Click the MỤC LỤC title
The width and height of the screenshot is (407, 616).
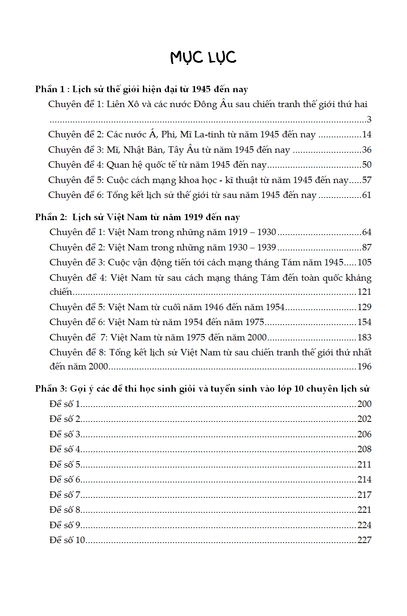pyautogui.click(x=203, y=57)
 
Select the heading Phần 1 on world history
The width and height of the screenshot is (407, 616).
pyautogui.click(x=141, y=89)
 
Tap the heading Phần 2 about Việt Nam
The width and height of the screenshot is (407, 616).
pyautogui.click(x=137, y=217)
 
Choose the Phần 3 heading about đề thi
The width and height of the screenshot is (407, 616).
pyautogui.click(x=202, y=389)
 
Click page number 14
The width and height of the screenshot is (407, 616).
pyautogui.click(x=366, y=135)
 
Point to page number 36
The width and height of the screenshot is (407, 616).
pyautogui.click(x=366, y=150)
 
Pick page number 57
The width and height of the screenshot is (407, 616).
pyautogui.click(x=366, y=180)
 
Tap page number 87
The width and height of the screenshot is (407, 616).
pyautogui.click(x=366, y=247)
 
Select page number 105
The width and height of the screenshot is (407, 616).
pyautogui.click(x=364, y=262)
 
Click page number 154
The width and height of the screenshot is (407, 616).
pyautogui.click(x=364, y=322)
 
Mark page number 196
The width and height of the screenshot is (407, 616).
pyautogui.click(x=364, y=366)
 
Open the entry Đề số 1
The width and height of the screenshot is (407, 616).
pyautogui.click(x=65, y=404)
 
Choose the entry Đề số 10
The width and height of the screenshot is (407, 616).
pyautogui.click(x=67, y=540)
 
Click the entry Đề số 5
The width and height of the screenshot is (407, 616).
pyautogui.click(x=65, y=464)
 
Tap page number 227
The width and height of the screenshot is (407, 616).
pyautogui.click(x=364, y=540)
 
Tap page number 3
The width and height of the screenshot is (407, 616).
pyautogui.click(x=369, y=119)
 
